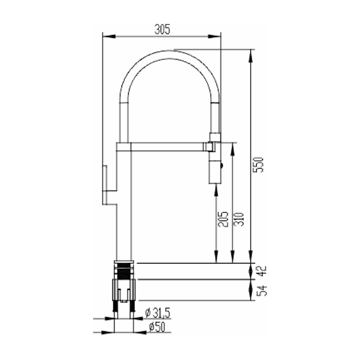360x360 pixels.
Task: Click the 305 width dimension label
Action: click(162, 29)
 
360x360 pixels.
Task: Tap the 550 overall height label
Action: click(258, 165)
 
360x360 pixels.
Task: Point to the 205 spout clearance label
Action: click(223, 219)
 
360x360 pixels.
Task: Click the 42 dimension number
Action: click(262, 271)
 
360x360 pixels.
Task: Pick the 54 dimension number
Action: click(262, 290)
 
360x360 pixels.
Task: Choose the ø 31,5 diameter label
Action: click(158, 313)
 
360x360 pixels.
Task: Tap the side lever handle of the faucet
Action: click(105, 185)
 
